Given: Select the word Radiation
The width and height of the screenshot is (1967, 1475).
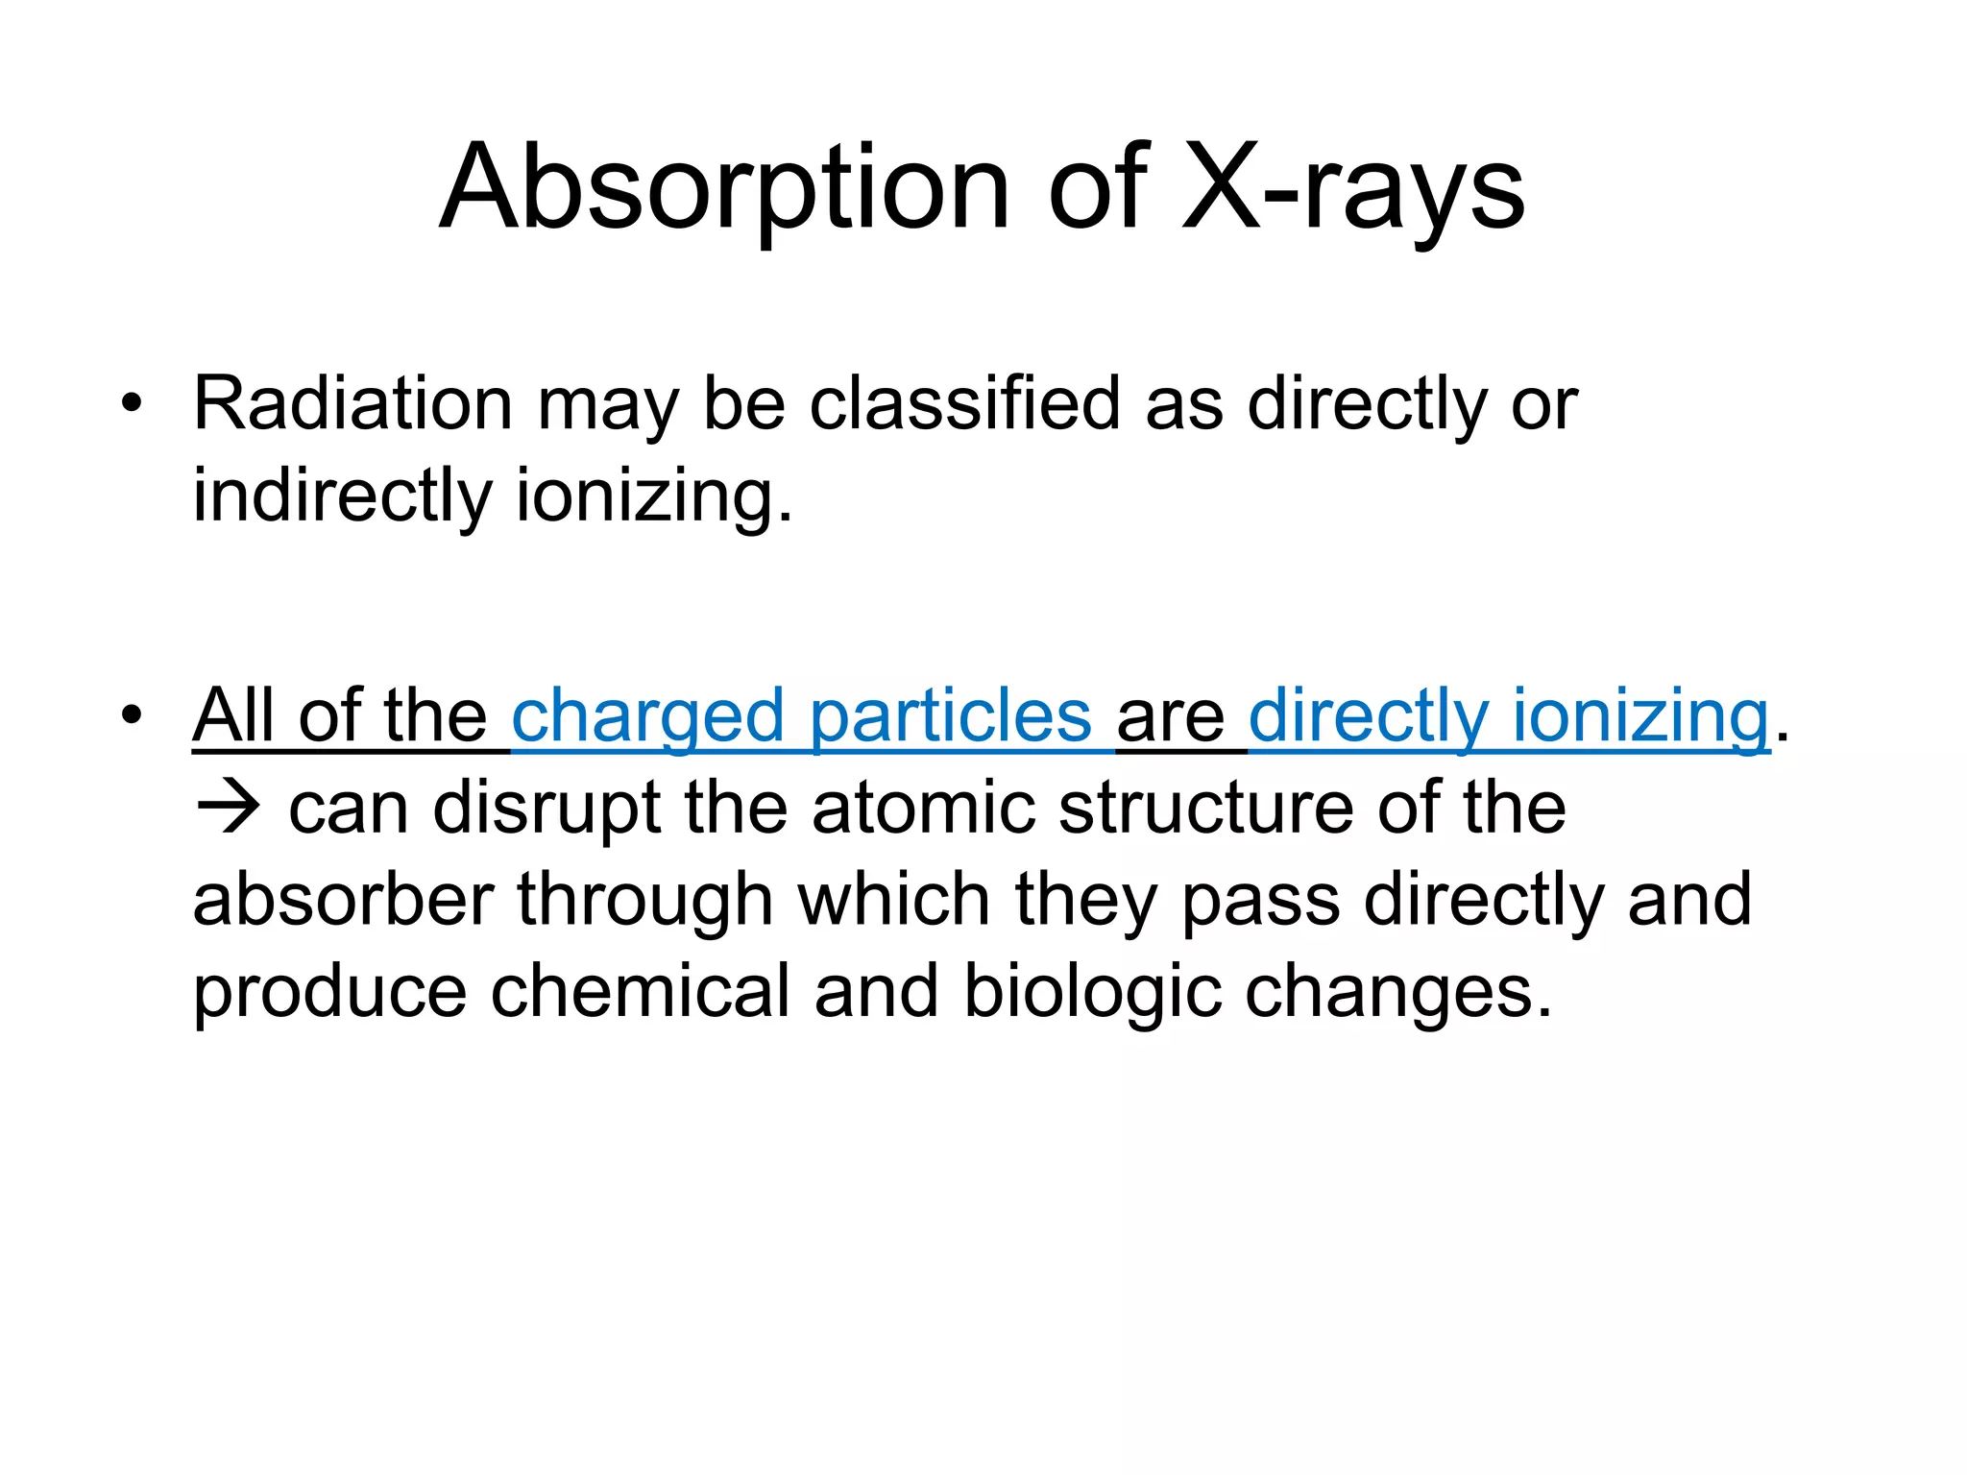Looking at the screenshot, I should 352,403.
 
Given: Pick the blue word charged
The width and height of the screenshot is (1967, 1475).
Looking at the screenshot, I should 647,716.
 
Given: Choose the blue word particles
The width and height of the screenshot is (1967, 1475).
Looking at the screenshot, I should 950,716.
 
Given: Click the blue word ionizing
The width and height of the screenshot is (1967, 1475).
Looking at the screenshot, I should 1640,716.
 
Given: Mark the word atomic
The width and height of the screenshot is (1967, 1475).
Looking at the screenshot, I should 923,808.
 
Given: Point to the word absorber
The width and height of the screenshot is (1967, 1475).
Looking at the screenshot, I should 343,900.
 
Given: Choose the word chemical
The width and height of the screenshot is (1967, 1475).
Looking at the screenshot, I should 640,991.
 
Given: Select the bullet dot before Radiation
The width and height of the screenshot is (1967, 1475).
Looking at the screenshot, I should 132,403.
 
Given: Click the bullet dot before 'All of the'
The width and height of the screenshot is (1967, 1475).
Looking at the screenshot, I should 132,715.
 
